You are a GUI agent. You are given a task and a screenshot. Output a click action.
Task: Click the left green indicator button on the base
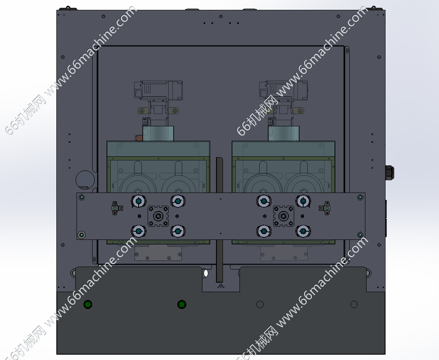(88, 304)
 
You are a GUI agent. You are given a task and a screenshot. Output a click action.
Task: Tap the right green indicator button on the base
(182, 304)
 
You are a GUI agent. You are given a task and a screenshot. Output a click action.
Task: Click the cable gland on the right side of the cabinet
(390, 172)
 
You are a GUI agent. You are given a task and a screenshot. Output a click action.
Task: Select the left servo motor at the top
(158, 90)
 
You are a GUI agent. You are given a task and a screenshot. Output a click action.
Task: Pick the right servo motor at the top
(283, 90)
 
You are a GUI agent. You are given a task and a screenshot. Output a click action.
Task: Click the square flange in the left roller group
(158, 216)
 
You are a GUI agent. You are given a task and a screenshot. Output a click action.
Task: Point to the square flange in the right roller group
(283, 216)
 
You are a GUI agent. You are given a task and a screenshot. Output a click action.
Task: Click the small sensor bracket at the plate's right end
(325, 208)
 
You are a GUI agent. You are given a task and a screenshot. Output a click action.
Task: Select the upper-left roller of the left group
(139, 201)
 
